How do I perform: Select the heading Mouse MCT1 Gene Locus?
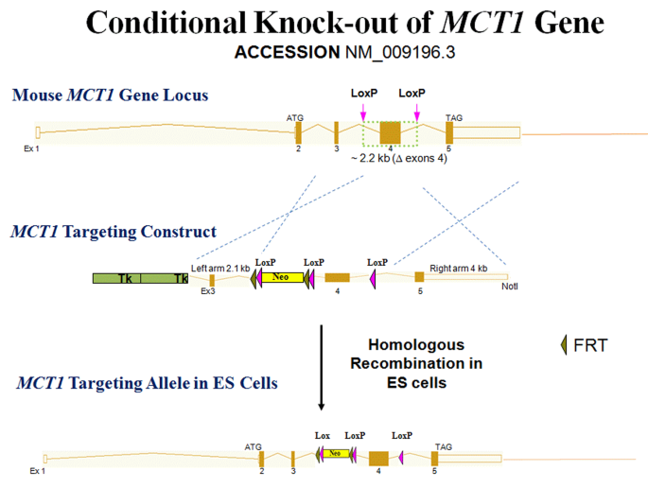coord(111,96)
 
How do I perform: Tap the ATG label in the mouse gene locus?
coord(295,116)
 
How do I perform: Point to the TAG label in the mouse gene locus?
coord(454,116)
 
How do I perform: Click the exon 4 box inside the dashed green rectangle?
coord(390,132)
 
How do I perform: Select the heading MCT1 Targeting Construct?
coord(114,232)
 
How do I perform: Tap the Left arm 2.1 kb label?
coord(220,269)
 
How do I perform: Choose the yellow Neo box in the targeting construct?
coord(279,277)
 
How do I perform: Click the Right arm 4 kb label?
coord(458,269)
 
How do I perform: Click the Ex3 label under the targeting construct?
coord(209,291)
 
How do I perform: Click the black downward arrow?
coord(322,368)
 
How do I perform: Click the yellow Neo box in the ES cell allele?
coord(335,454)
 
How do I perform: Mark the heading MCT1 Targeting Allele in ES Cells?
coord(147,383)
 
